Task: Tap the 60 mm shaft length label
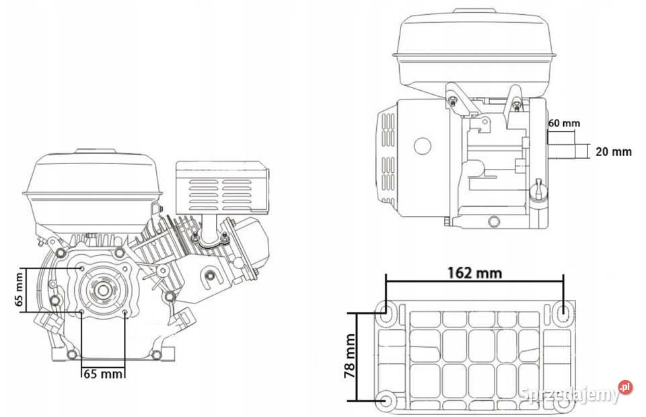(x=564, y=123)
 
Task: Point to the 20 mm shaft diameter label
(x=613, y=152)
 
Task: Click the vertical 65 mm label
(x=20, y=289)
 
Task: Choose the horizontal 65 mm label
(x=102, y=374)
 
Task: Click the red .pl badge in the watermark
(x=626, y=387)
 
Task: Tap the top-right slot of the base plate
(x=563, y=311)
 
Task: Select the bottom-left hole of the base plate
(x=387, y=402)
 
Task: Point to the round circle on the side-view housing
(x=423, y=145)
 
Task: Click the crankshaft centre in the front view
(x=102, y=291)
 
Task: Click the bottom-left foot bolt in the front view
(x=70, y=354)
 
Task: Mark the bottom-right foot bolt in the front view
(x=155, y=354)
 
